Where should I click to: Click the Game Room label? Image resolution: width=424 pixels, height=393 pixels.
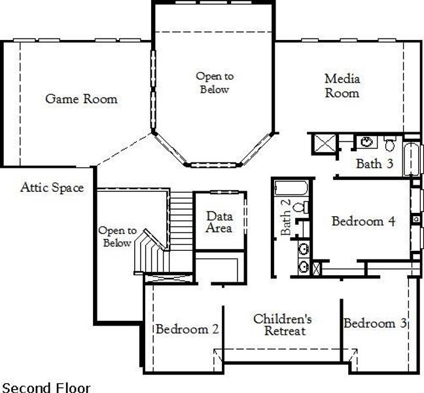click(x=81, y=99)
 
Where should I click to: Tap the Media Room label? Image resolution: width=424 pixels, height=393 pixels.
click(x=342, y=86)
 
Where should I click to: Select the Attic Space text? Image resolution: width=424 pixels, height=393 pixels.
click(x=52, y=188)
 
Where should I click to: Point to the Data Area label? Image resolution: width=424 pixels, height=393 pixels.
click(x=220, y=222)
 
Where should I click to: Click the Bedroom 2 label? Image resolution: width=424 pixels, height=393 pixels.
click(x=186, y=329)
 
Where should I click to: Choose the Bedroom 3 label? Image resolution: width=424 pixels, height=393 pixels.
click(x=375, y=324)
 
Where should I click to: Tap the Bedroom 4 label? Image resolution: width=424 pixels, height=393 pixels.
click(x=362, y=221)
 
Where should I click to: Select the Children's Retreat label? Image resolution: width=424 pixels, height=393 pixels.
click(x=283, y=325)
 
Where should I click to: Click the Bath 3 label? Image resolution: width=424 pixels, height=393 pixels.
click(x=374, y=164)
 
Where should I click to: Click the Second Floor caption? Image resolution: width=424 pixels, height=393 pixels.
click(x=46, y=387)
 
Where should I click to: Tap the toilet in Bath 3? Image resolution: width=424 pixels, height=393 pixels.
click(x=390, y=142)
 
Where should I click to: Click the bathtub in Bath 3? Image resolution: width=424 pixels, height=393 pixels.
click(x=412, y=157)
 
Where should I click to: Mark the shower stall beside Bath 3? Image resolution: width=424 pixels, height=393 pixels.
click(x=323, y=144)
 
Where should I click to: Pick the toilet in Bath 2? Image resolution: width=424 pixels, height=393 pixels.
click(x=299, y=208)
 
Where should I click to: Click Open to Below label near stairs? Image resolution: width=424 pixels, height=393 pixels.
click(x=117, y=236)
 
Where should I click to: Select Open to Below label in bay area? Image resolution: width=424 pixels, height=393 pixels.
click(x=215, y=83)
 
